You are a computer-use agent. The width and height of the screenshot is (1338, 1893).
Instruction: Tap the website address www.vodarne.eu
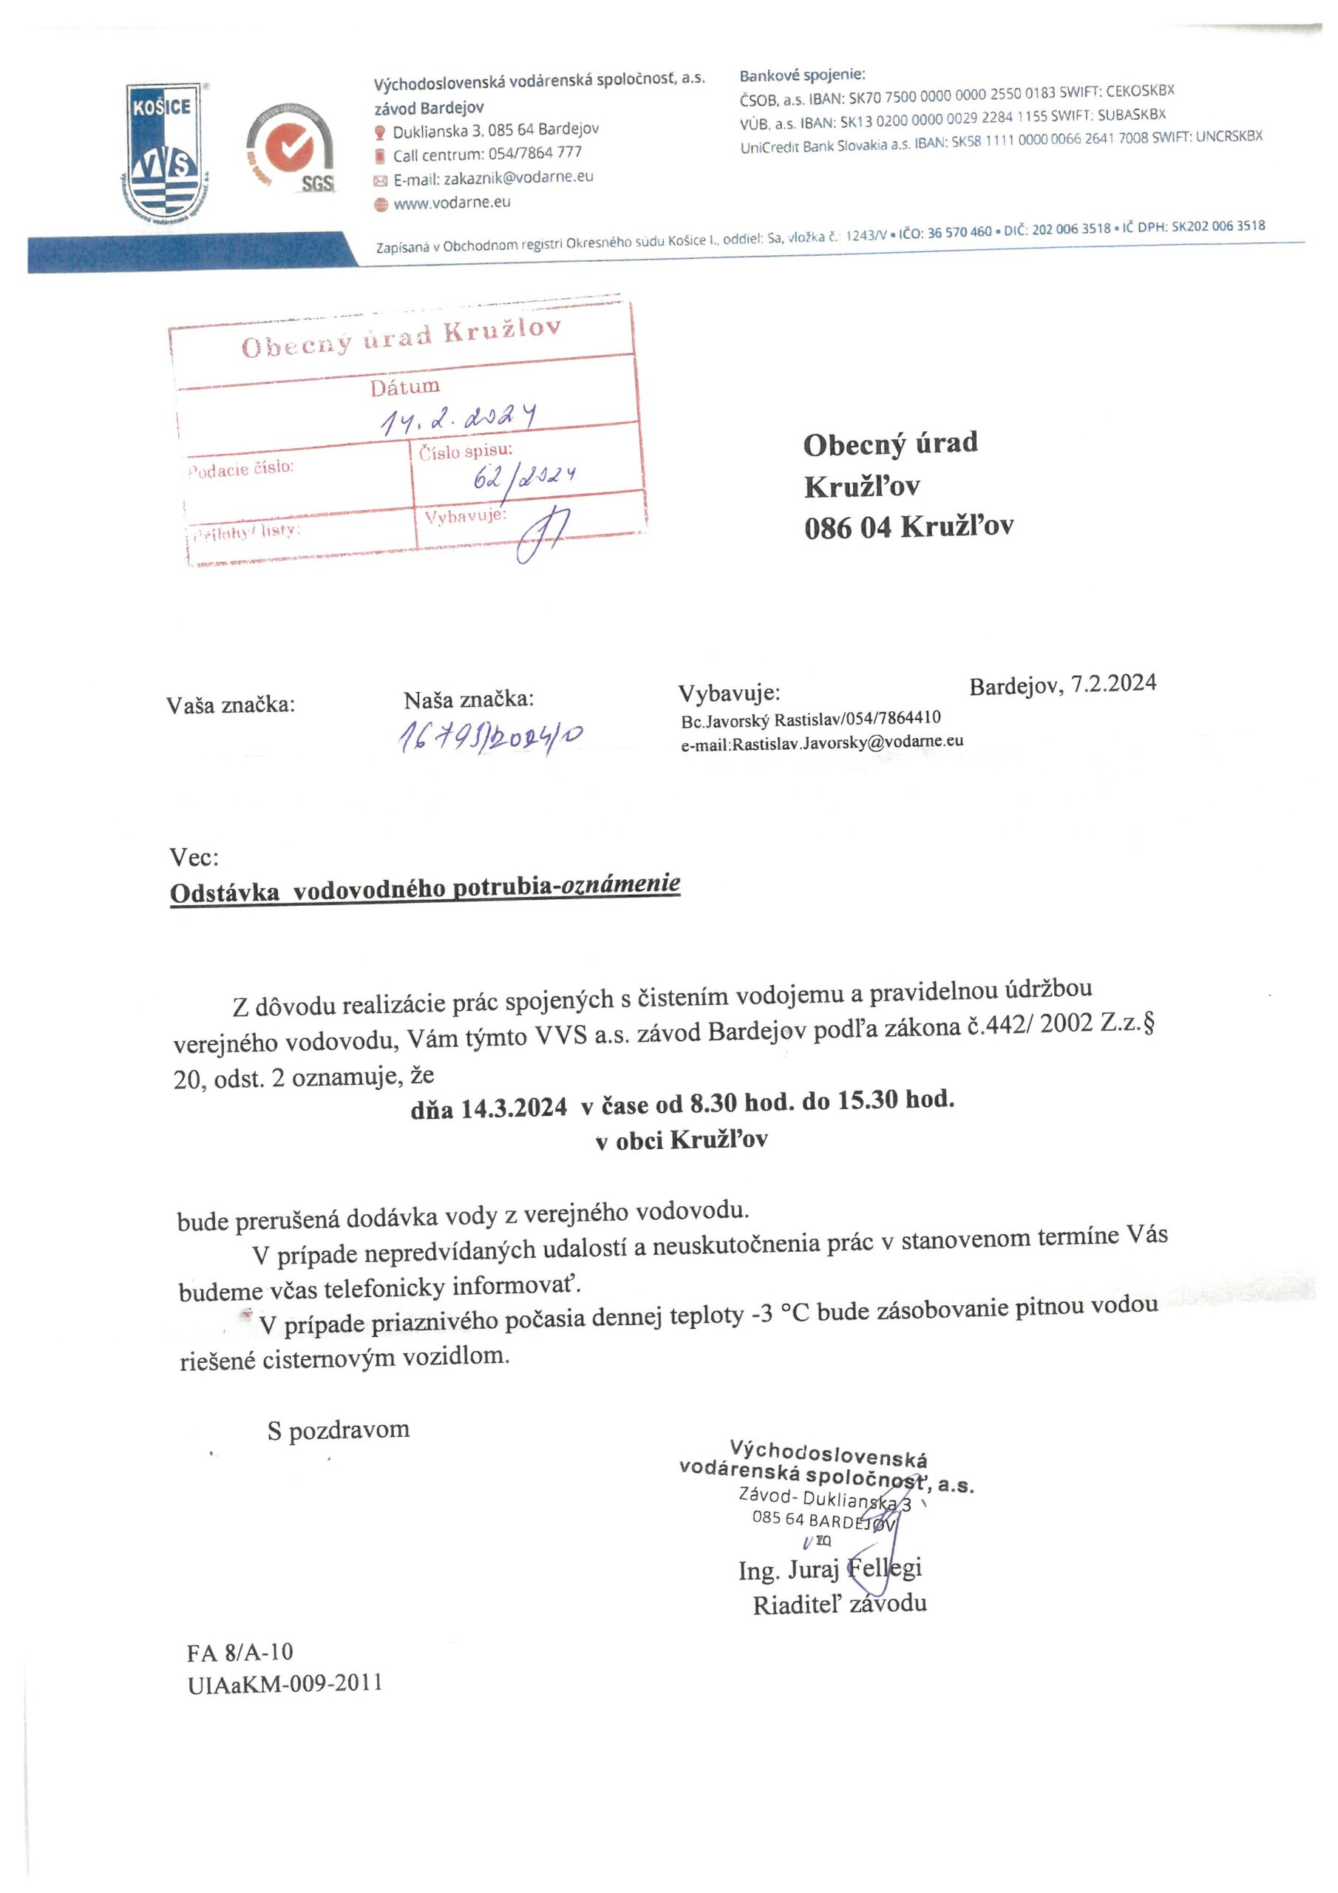[452, 203]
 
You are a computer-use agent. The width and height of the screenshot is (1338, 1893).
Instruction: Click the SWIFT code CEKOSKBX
[1139, 91]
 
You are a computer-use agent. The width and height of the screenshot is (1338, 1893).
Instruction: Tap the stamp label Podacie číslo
[242, 468]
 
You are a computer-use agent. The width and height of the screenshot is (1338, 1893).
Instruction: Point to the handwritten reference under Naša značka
[492, 737]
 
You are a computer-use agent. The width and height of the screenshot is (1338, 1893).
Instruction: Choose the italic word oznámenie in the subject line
[620, 884]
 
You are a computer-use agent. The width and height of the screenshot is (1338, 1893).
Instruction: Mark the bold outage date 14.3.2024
[513, 1107]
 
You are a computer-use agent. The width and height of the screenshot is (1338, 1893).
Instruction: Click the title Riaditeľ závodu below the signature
[839, 1604]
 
